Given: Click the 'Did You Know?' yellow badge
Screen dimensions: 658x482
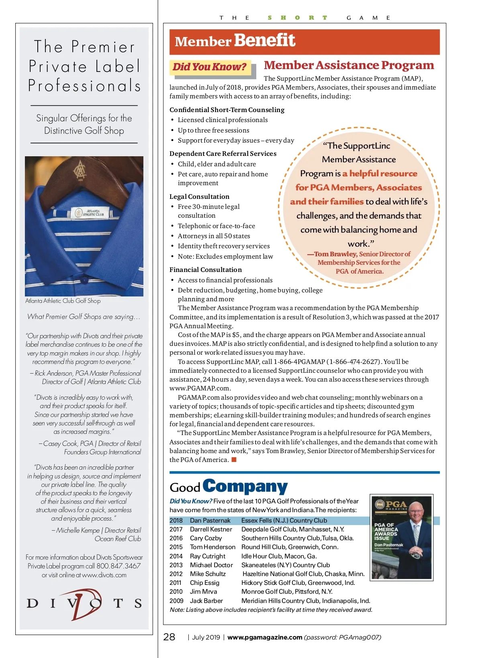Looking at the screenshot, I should click(x=209, y=67).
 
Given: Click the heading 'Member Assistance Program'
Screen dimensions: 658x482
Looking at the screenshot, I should click(x=349, y=65).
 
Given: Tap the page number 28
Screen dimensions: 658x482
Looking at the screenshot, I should click(x=169, y=637).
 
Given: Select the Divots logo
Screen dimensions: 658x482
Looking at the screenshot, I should click(x=84, y=603).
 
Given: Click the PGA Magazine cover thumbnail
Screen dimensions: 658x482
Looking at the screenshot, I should click(x=402, y=537).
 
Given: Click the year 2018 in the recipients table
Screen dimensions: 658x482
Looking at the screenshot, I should click(x=176, y=521).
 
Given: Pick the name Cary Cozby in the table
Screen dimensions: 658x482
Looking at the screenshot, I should click(x=206, y=538).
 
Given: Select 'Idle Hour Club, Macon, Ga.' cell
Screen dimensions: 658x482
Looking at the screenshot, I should click(x=279, y=556).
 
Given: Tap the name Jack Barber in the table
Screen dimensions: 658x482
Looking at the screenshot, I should click(x=206, y=601).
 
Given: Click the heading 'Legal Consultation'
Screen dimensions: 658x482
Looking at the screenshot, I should click(x=199, y=196).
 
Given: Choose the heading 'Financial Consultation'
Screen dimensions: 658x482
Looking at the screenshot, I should click(x=205, y=270).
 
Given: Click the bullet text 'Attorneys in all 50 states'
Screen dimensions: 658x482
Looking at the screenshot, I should click(x=214, y=236).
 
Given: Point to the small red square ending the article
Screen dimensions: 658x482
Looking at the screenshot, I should click(x=234, y=460).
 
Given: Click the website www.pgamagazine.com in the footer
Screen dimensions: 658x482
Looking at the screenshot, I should click(x=265, y=637).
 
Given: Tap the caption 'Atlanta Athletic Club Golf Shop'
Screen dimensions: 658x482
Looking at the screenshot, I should click(x=63, y=301).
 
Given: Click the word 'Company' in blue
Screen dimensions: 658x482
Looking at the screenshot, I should click(x=245, y=486).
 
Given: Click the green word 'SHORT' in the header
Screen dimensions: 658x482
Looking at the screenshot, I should click(x=298, y=18).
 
